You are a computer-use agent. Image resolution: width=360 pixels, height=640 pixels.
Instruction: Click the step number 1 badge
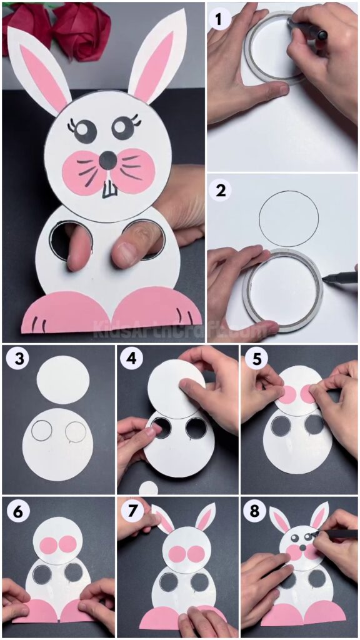[219, 20]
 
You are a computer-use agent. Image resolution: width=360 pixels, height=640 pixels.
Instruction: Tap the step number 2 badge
[219, 190]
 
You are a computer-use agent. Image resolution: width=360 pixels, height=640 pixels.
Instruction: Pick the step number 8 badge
[253, 511]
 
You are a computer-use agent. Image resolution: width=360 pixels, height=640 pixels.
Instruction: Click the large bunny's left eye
[86, 131]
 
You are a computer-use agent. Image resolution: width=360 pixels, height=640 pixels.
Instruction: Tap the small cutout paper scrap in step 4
[148, 488]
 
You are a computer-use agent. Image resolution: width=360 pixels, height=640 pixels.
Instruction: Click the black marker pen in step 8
[337, 534]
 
